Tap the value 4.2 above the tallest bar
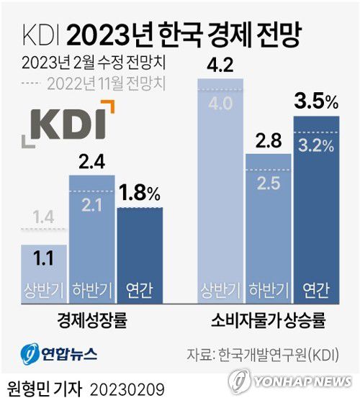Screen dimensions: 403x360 (221, 66)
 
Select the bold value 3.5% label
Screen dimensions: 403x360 (315, 104)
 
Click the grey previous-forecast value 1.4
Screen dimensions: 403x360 (43, 215)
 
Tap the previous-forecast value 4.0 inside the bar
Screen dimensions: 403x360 (221, 102)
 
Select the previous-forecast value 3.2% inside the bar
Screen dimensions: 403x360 (315, 146)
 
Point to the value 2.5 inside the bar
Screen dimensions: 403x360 (268, 184)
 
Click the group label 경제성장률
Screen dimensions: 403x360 (91, 320)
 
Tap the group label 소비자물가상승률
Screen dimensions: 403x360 (268, 320)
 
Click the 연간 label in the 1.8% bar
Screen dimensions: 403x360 (140, 289)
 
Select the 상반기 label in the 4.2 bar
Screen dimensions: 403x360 (221, 289)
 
